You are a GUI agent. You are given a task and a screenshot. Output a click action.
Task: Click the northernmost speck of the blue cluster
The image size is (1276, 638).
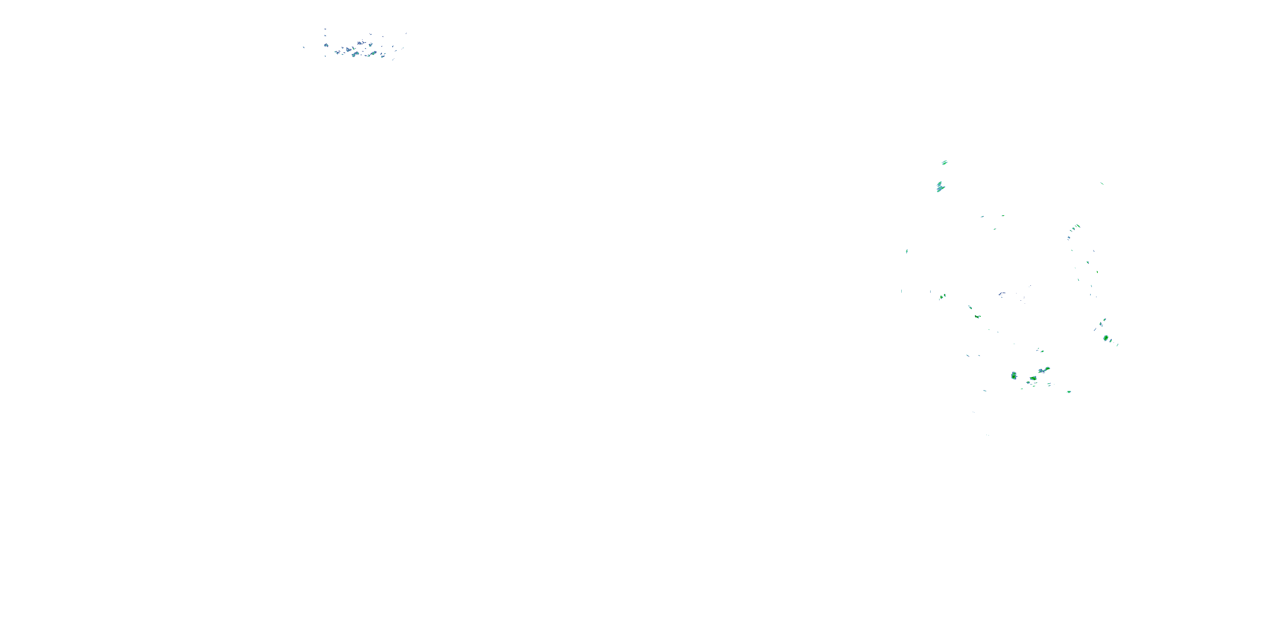coord(325,29)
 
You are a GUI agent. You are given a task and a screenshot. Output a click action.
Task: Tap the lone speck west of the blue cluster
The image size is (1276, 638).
coord(304,48)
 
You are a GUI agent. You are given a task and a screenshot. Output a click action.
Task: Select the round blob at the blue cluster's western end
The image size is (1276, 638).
coord(326,45)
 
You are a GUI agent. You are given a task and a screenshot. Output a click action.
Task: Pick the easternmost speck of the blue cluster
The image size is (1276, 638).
coord(406,34)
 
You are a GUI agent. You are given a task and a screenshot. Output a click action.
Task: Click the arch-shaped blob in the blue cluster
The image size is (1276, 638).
coord(355,54)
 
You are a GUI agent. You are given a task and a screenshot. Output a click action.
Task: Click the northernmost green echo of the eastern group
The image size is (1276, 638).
coord(945,162)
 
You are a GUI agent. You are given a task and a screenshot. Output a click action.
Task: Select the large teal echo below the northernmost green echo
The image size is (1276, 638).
coord(940,187)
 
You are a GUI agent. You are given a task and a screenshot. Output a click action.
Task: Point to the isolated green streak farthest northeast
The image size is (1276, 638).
coord(1102,183)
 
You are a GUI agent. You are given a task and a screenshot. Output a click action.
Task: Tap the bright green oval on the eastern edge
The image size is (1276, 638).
coord(1105,338)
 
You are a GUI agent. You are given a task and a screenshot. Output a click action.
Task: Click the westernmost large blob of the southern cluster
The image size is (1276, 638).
coord(1014,376)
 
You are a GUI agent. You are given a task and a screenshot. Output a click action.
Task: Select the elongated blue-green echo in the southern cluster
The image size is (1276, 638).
coord(1044,370)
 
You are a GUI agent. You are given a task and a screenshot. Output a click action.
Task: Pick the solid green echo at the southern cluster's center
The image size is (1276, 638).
coord(1033,379)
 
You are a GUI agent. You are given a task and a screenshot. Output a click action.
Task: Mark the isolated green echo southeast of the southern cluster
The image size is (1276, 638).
coord(1069,392)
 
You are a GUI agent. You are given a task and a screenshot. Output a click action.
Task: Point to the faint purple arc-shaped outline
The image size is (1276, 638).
coord(1002,294)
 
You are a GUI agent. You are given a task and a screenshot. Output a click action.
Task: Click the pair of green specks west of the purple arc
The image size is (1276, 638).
coord(943,297)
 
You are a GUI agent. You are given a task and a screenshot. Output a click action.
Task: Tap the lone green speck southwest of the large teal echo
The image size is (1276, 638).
coord(906,251)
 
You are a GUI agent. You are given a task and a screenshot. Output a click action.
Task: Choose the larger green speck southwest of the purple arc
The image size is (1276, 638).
coord(977,316)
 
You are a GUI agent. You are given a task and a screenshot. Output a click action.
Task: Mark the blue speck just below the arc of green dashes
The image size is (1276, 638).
coord(1069,238)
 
